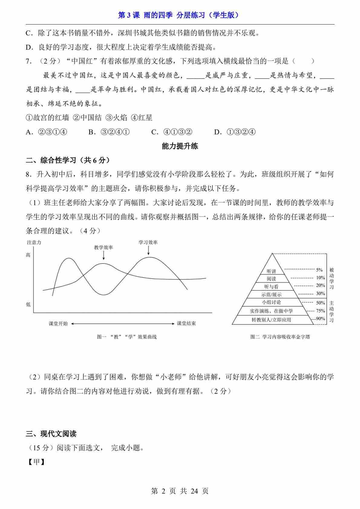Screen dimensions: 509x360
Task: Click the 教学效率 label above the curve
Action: coord(103,248)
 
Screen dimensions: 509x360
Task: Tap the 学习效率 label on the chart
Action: coord(148,242)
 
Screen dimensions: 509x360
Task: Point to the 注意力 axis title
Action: coord(34,242)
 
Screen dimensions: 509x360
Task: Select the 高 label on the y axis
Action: coord(28,255)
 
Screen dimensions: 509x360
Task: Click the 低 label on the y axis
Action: coord(28,304)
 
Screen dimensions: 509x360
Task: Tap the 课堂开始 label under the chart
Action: coord(58,323)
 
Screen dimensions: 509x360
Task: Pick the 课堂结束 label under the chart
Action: coord(186,323)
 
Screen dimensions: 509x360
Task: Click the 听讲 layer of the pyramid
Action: coord(271,271)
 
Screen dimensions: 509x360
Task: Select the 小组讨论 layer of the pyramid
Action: coord(271,302)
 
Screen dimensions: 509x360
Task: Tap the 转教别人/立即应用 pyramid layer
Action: coord(271,320)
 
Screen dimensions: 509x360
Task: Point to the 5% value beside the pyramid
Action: coord(319,270)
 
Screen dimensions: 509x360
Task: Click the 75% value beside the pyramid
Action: coord(320,311)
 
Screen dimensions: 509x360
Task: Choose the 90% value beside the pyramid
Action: coord(320,318)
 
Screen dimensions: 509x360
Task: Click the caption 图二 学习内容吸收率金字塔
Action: coord(280,337)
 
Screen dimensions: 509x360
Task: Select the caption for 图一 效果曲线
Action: coord(127,337)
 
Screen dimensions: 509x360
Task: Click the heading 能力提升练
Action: coord(180,146)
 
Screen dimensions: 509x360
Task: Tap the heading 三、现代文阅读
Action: coord(51,434)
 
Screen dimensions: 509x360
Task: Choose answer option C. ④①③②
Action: coord(172,132)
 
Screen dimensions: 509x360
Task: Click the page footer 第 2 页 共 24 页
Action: coord(180,491)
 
